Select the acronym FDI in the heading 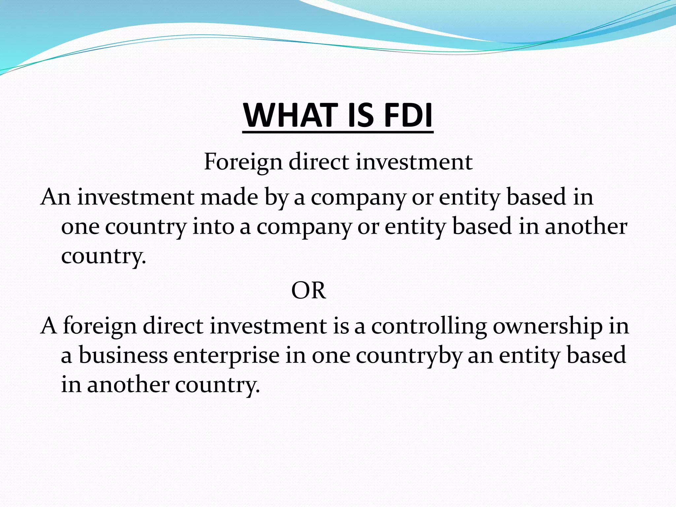(x=408, y=115)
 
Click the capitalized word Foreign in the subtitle (x=243, y=162)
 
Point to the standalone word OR (x=309, y=291)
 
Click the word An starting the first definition (x=55, y=197)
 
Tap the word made (x=229, y=197)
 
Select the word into (x=213, y=227)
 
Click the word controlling (x=429, y=326)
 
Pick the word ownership (x=548, y=326)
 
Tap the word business (x=123, y=355)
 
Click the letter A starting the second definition (x=49, y=326)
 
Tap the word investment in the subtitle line (x=414, y=162)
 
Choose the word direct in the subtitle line (x=319, y=162)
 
